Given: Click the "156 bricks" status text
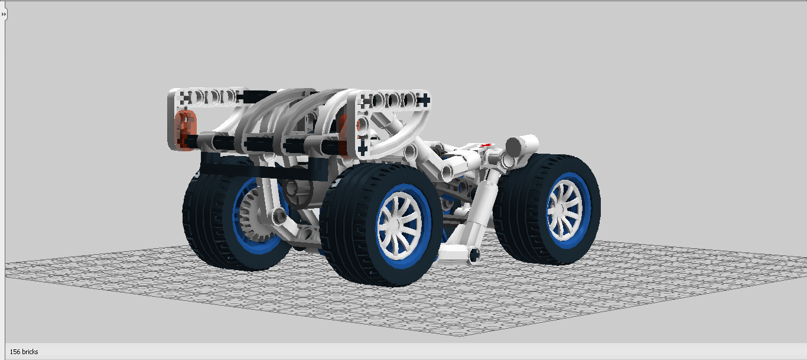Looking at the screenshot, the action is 24,352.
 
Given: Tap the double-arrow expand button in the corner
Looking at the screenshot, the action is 4,14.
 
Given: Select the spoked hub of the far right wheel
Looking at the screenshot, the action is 564,210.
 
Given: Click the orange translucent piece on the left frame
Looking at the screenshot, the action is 185,129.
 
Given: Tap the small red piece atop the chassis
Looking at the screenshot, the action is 486,145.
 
